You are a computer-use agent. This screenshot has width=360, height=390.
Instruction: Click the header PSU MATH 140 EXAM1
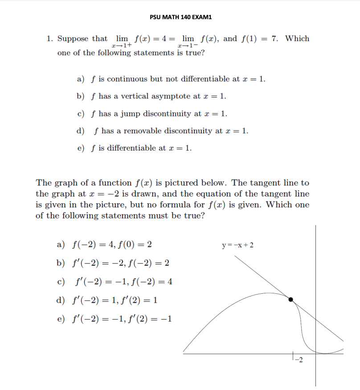(181, 17)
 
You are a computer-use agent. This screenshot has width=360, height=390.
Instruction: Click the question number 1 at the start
(49, 39)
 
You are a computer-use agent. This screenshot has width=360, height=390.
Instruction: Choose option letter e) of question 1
(81, 148)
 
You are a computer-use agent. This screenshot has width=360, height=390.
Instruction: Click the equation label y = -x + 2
(240, 245)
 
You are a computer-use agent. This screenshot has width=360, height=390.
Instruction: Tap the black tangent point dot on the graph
(291, 300)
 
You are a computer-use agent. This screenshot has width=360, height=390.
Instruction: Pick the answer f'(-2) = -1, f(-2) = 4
(122, 282)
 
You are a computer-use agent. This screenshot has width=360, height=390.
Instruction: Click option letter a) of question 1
(81, 79)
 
